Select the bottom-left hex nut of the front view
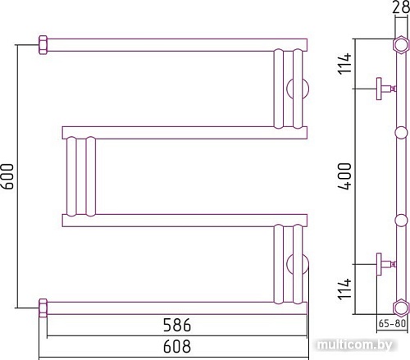coord(43,308)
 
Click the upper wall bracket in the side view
coord(383,88)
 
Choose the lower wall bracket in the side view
coord(383,264)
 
